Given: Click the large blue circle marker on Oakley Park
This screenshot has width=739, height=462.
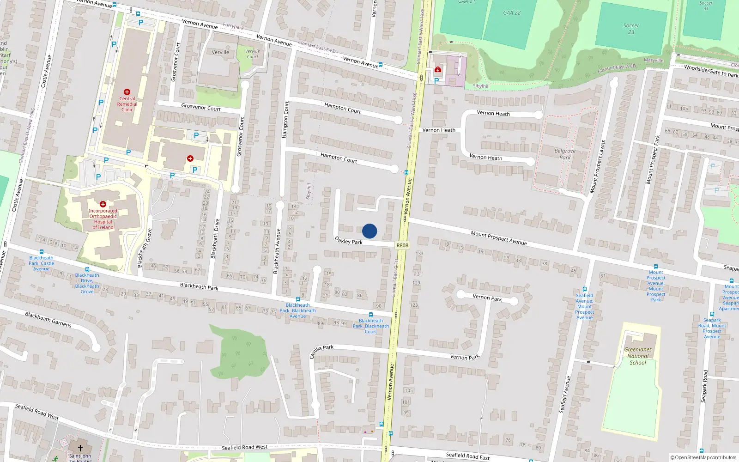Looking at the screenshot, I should [369, 231].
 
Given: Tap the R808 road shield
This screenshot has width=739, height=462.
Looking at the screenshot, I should [402, 245].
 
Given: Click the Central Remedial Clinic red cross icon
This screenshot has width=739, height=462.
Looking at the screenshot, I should [127, 92].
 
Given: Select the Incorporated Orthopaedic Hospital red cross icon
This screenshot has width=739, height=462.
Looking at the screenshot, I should [103, 204].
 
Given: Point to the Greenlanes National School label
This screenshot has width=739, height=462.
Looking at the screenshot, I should [638, 356].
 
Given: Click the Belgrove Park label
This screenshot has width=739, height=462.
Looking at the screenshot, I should [565, 154].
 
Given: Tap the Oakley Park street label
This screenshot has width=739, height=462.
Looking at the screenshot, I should [349, 240].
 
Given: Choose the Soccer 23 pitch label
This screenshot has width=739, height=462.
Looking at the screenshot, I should [631, 29].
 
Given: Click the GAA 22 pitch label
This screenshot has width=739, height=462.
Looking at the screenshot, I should [512, 12].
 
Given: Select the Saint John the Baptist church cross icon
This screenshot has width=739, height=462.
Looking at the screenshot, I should [80, 448].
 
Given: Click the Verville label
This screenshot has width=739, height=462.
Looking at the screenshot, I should [220, 52].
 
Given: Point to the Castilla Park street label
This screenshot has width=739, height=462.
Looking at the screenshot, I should [321, 351].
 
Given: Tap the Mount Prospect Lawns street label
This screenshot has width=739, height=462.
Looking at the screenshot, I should [597, 167].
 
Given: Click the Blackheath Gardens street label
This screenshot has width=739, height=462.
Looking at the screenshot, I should [48, 319].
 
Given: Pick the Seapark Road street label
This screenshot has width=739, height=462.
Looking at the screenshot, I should [704, 386].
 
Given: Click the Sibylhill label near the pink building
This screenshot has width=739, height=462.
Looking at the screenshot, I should [481, 86].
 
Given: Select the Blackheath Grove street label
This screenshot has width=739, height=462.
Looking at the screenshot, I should [145, 248].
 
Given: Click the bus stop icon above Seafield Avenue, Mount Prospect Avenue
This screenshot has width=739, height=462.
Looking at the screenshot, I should [584, 289].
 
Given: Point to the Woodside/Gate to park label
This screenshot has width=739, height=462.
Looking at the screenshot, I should [711, 71].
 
